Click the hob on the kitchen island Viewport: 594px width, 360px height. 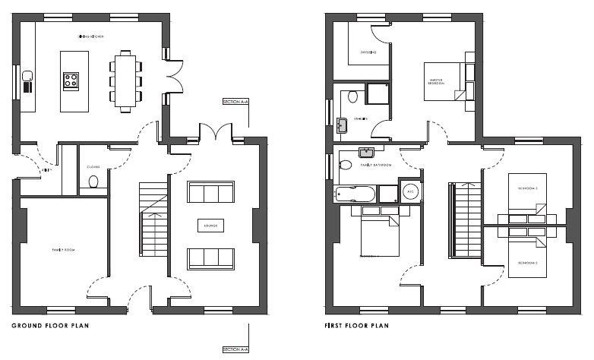tap(71, 81)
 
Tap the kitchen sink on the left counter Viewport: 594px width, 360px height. tap(27, 75)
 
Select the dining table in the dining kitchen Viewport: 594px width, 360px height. tap(125, 80)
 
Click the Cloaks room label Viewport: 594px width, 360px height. tap(94, 166)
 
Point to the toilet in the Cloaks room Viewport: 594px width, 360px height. tap(93, 182)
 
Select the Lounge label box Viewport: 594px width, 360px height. tap(210, 226)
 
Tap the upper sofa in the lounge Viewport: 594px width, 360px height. tap(210, 192)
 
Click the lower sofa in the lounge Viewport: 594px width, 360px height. tap(210, 258)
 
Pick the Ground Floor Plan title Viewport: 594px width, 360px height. tap(43, 326)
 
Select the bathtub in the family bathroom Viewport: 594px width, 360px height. tap(355, 194)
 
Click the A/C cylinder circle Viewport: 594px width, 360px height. tap(410, 191)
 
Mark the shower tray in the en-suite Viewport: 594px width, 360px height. tap(378, 93)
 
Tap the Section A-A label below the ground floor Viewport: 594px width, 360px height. tap(235, 349)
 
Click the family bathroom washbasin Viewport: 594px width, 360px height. tap(367, 152)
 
